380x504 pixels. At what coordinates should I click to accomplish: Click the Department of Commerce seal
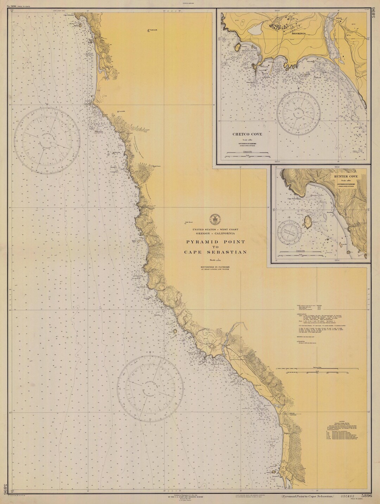(213, 219)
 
